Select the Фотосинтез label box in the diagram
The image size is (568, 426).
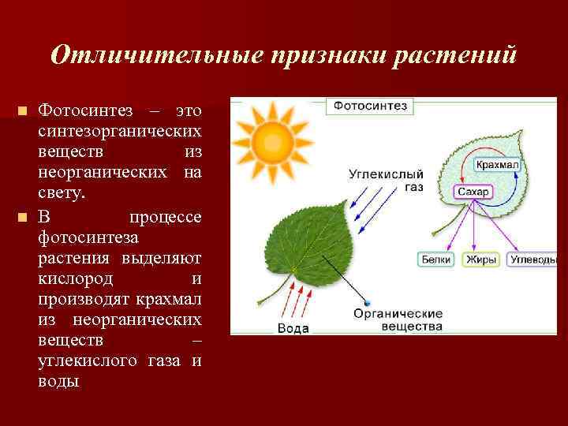click(369, 105)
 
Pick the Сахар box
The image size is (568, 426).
click(473, 192)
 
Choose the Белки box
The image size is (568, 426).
click(435, 259)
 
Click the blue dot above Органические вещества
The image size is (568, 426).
click(367, 303)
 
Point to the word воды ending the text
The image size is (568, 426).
click(58, 381)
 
